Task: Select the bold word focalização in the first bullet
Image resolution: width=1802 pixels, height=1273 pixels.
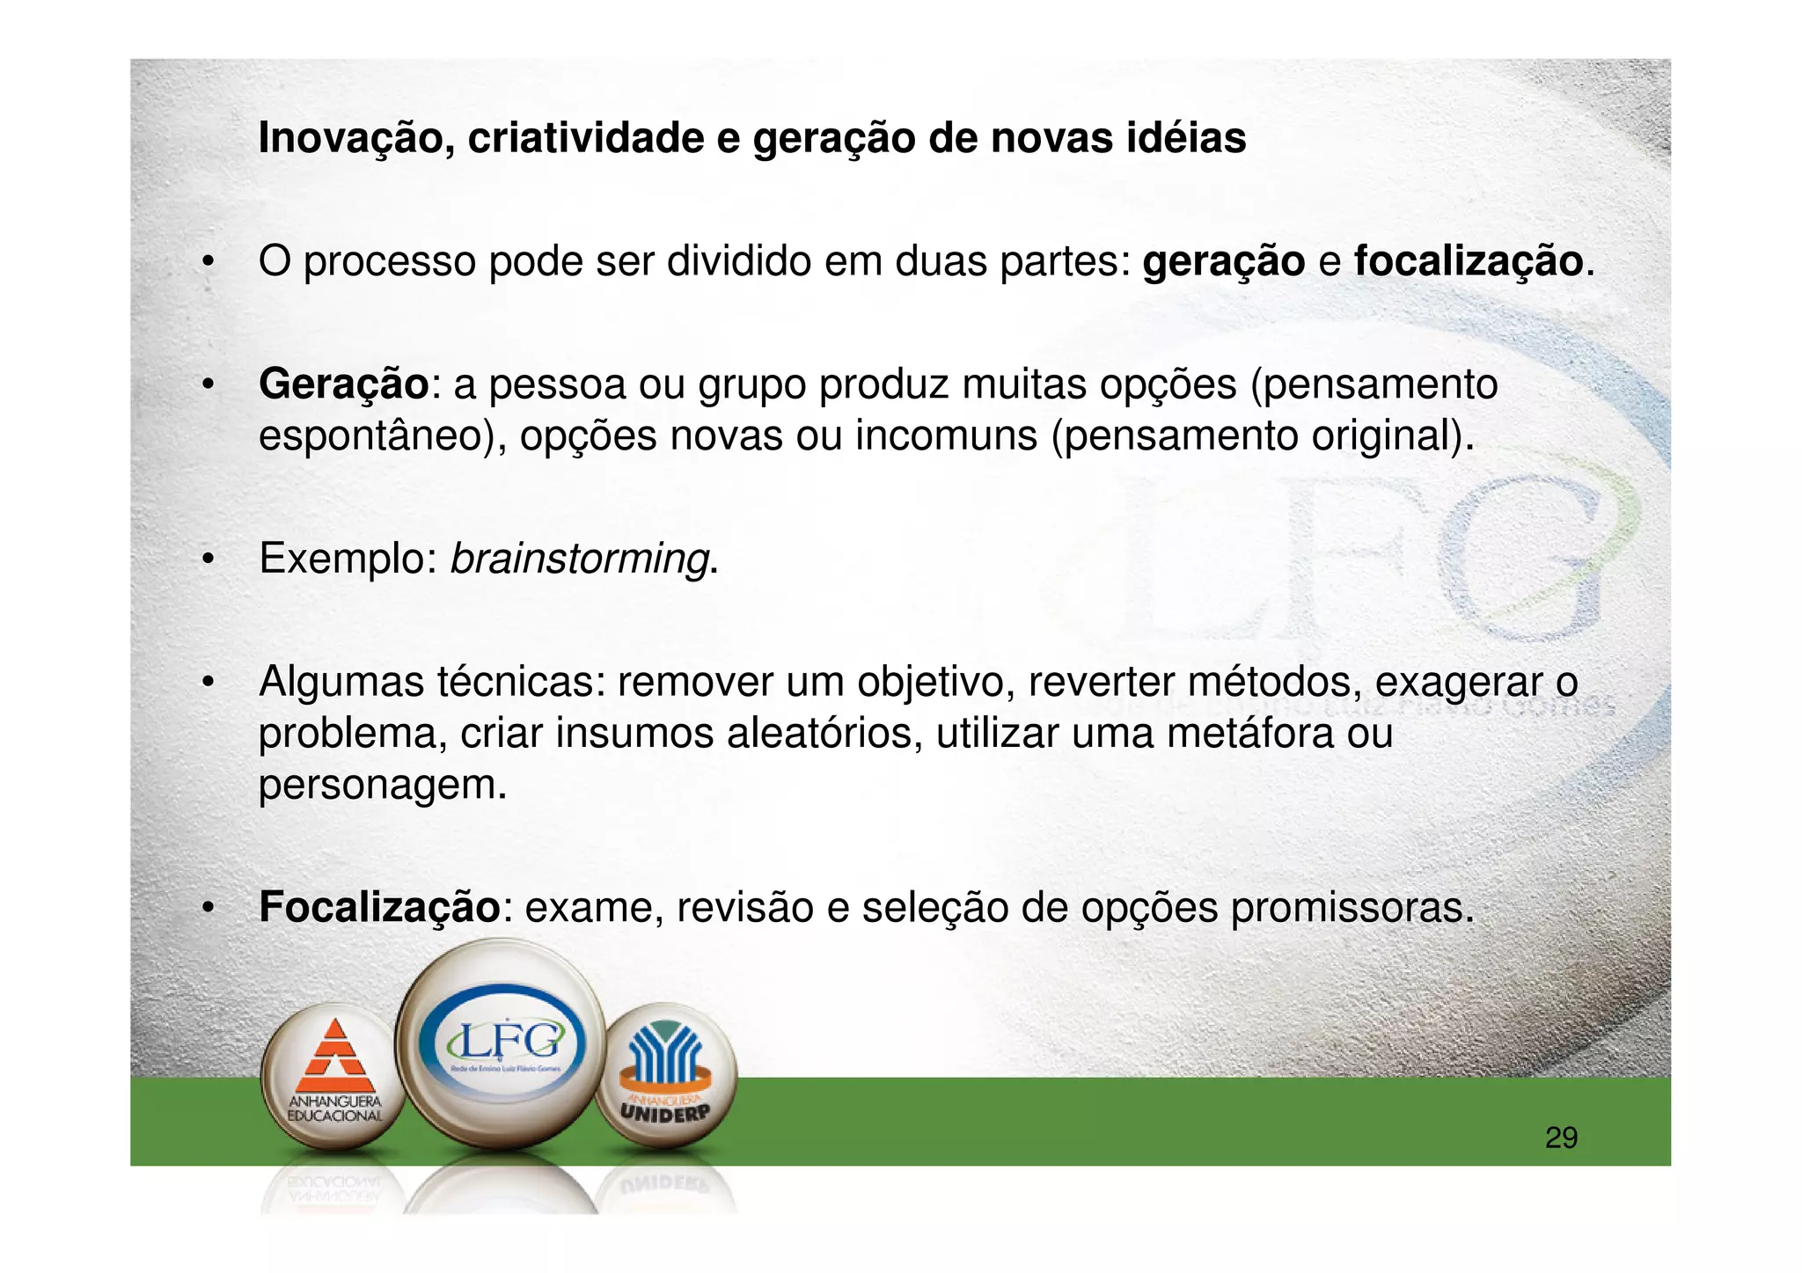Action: [1468, 261]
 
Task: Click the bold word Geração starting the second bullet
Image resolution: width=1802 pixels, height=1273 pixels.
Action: [343, 384]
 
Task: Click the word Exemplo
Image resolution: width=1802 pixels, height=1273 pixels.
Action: [348, 559]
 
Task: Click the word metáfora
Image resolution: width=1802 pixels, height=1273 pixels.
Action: [1249, 734]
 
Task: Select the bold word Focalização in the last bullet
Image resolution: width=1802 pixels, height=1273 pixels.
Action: [379, 908]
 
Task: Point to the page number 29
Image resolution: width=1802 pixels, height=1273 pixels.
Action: [1561, 1138]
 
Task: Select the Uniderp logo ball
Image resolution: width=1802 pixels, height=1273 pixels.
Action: [664, 1075]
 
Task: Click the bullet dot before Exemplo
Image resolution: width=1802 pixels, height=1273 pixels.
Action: [208, 560]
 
